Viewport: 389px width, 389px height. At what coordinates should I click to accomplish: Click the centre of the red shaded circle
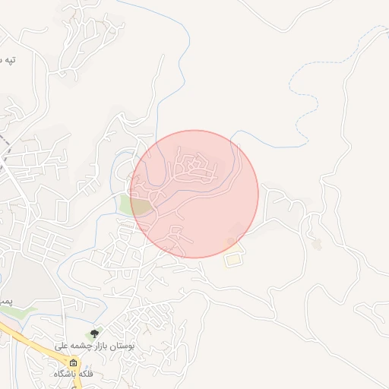click(x=194, y=194)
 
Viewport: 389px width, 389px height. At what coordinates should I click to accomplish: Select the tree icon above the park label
click(x=94, y=334)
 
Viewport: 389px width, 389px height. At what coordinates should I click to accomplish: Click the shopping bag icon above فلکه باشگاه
click(x=73, y=362)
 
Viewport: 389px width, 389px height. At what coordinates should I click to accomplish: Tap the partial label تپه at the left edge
click(x=8, y=59)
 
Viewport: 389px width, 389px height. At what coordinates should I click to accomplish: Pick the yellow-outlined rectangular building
click(x=234, y=259)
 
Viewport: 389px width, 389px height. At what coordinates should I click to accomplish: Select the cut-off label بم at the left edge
click(x=5, y=302)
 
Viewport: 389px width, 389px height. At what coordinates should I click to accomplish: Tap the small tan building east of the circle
click(x=317, y=244)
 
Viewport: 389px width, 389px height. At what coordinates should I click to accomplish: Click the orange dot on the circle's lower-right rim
click(x=230, y=242)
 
